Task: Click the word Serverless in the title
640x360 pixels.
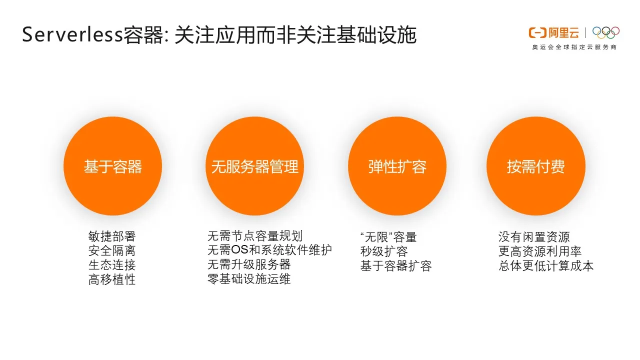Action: point(72,35)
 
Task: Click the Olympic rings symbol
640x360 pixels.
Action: point(605,32)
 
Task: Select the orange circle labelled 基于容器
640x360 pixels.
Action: point(112,166)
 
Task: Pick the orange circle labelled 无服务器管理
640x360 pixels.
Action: point(254,166)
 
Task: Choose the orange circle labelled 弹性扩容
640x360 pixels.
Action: point(397,166)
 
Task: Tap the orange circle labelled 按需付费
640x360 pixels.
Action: point(535,166)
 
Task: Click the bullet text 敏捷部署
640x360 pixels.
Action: point(112,236)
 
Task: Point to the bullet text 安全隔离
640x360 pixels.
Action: point(112,250)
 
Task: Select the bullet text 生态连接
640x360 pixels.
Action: point(112,265)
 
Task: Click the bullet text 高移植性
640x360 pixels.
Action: point(112,279)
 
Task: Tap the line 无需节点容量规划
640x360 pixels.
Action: point(255,235)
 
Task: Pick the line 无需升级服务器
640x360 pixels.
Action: point(249,264)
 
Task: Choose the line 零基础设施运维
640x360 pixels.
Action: point(249,278)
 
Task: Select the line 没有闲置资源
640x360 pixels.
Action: point(534,236)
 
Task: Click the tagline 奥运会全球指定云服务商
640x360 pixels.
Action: point(574,47)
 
